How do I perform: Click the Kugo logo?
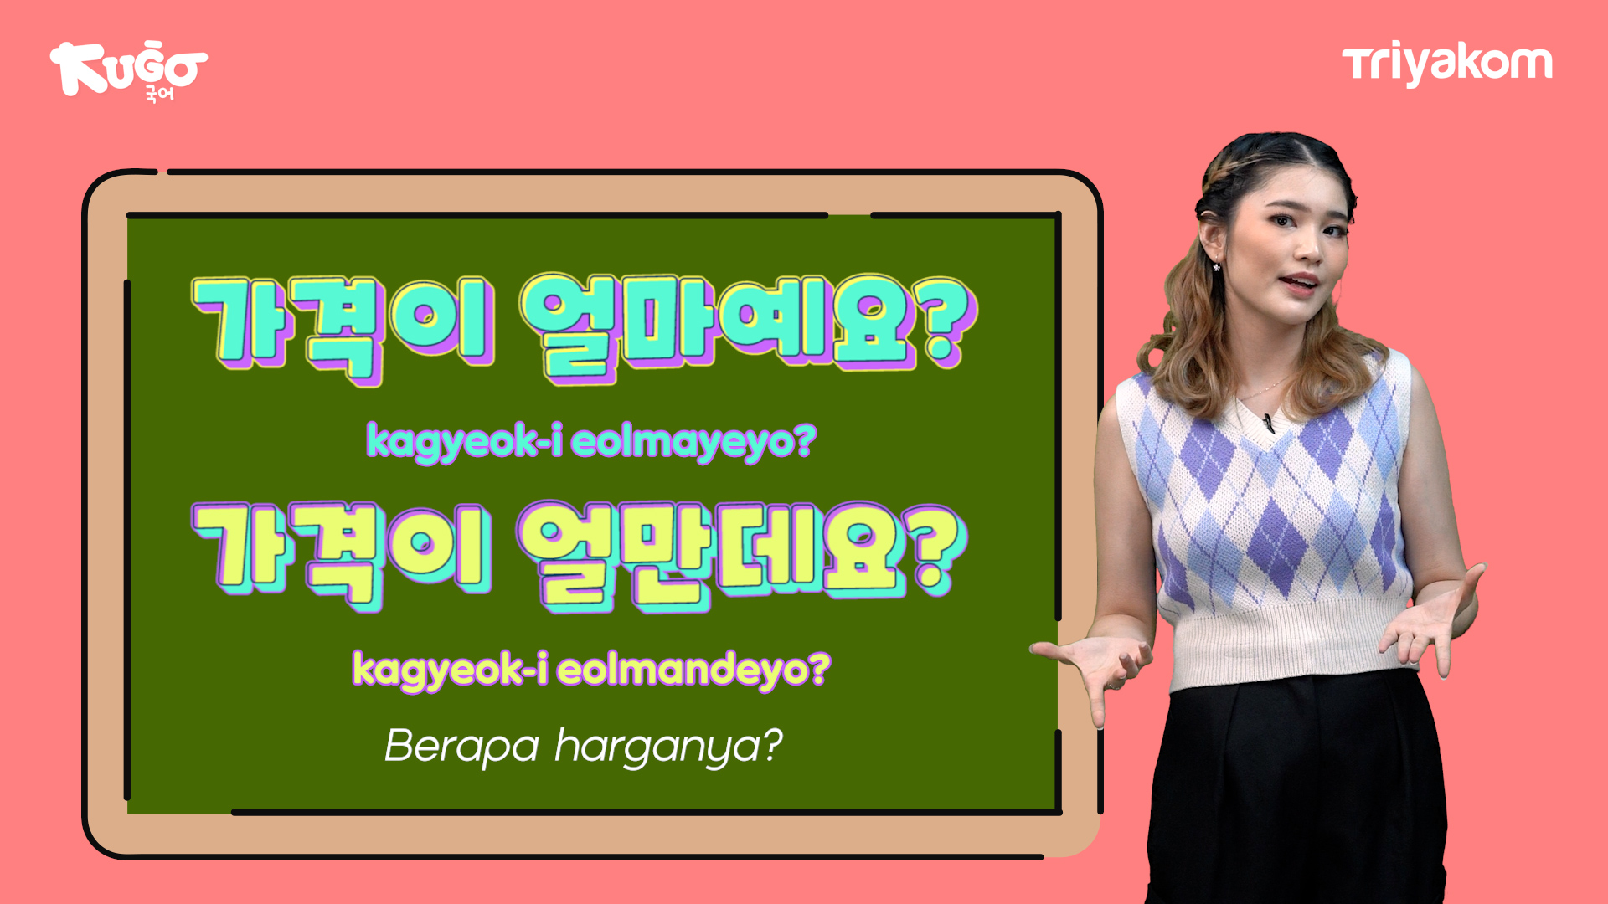point(128,72)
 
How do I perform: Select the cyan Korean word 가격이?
point(344,329)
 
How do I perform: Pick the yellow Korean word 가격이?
point(343,555)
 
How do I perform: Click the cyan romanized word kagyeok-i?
point(464,441)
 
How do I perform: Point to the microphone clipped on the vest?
point(1269,423)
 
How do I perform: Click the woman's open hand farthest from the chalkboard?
point(1434,621)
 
